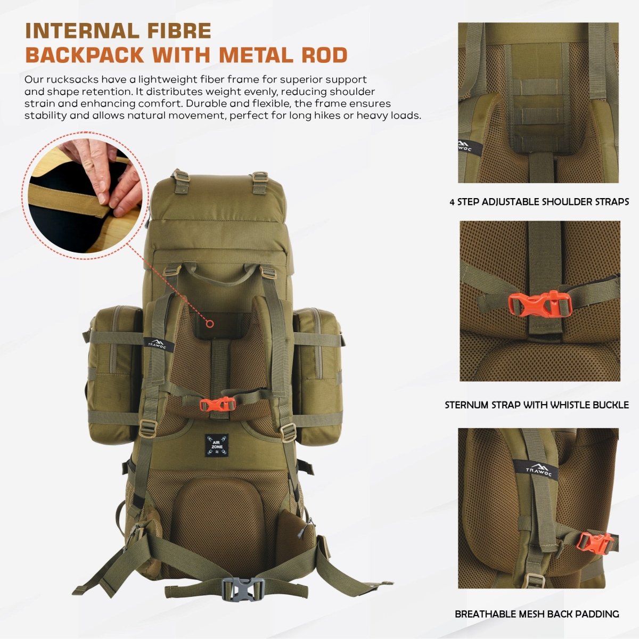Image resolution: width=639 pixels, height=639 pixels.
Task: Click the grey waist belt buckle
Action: tap(243, 589)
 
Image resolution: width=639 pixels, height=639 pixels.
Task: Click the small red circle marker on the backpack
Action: tap(210, 323)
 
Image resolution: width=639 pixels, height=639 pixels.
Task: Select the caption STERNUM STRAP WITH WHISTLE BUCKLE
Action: tap(537, 405)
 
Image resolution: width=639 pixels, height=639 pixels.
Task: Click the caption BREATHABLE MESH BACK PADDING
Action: tap(537, 614)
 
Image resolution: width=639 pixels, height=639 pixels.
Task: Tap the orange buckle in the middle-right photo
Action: tap(540, 304)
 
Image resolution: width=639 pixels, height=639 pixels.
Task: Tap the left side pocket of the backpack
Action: tap(114, 373)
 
